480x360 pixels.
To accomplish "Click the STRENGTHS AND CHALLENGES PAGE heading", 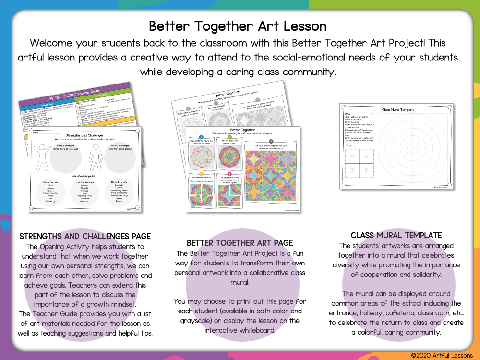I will tap(85, 236).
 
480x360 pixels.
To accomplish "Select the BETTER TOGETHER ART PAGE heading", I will tap(240, 243).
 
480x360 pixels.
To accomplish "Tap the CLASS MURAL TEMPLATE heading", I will tap(396, 235).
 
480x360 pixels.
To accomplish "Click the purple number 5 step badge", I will tap(271, 141).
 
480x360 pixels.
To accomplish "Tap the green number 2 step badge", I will tap(229, 137).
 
